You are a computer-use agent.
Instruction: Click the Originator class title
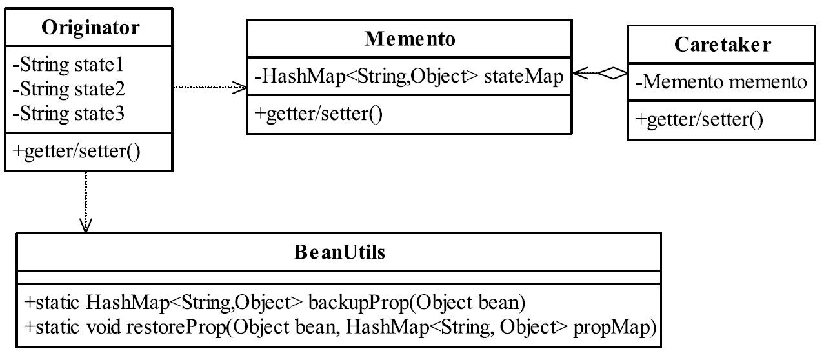[90, 28]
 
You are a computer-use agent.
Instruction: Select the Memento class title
[410, 39]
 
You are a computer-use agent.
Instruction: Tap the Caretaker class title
[723, 45]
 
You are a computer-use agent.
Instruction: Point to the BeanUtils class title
[339, 252]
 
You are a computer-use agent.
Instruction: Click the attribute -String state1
[68, 65]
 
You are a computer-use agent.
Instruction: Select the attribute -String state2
[69, 89]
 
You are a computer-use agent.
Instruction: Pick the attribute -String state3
[68, 114]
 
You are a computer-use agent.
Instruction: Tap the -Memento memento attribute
[721, 82]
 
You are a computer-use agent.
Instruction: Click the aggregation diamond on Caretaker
[613, 73]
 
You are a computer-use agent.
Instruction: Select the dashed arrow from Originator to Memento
[210, 87]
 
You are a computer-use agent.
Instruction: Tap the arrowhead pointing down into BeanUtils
[86, 226]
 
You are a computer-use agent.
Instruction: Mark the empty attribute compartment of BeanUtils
[339, 277]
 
